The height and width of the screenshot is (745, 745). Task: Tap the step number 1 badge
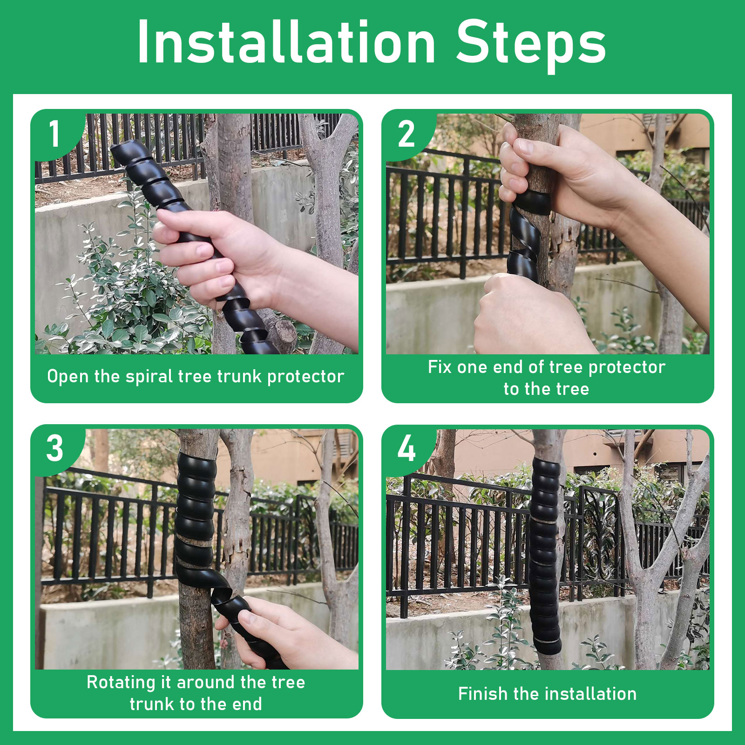(x=55, y=134)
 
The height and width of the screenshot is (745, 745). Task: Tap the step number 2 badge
(x=406, y=134)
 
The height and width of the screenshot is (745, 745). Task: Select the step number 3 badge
(x=55, y=449)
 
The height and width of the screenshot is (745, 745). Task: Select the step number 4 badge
(x=406, y=449)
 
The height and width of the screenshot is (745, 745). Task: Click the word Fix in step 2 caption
(x=440, y=367)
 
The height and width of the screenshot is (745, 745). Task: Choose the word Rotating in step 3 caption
(x=121, y=683)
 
